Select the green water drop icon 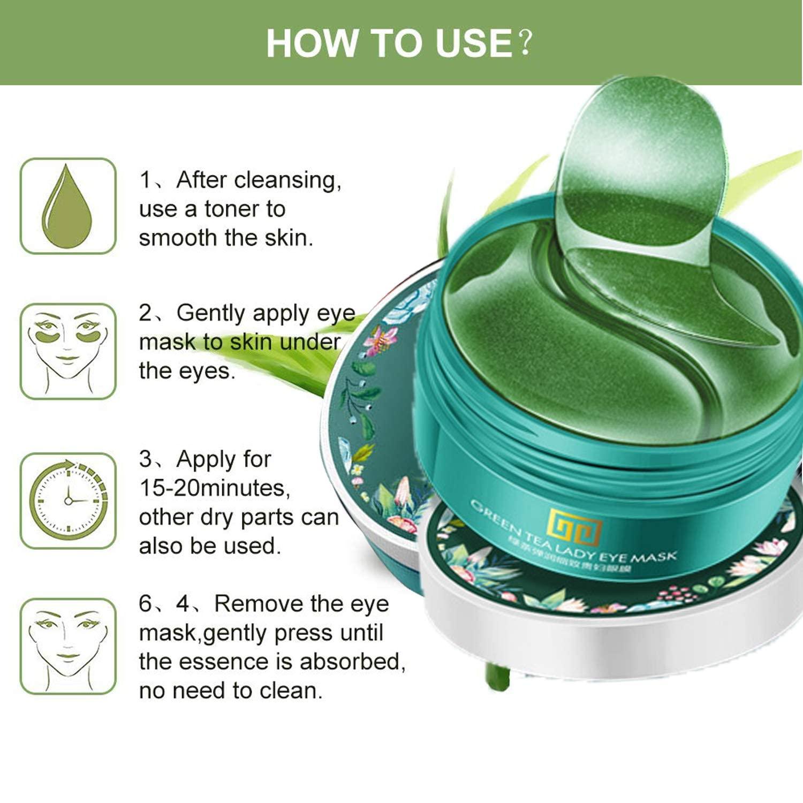point(67,207)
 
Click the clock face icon point(68,500)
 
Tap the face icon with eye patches point(68,351)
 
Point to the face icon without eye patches point(68,646)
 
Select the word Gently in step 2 point(210,313)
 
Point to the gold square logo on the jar point(576,526)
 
